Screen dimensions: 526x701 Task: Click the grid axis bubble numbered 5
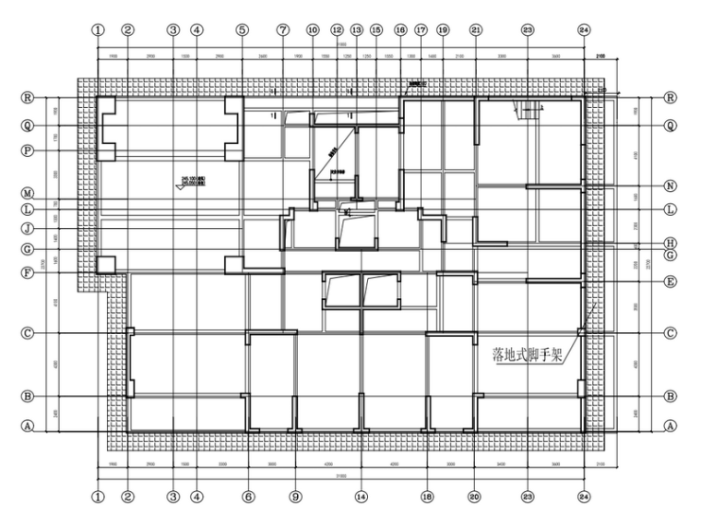click(x=243, y=30)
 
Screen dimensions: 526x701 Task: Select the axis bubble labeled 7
click(x=283, y=30)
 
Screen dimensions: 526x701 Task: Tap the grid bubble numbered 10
click(x=313, y=30)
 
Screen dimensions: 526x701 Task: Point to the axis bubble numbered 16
click(x=400, y=30)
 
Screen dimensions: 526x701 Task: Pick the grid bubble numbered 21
click(x=476, y=30)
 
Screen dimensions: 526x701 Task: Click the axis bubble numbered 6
click(x=249, y=496)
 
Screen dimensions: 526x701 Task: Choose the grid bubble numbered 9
click(x=295, y=496)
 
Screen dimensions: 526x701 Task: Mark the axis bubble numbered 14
click(x=361, y=496)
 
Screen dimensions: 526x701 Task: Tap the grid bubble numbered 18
click(x=427, y=496)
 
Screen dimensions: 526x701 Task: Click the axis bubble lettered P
click(x=28, y=149)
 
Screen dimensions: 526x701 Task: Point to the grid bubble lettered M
click(x=28, y=194)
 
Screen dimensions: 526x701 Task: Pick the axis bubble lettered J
click(x=28, y=228)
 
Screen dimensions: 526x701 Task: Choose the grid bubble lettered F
click(x=28, y=272)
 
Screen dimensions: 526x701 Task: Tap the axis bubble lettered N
click(x=671, y=185)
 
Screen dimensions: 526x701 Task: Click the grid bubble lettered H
click(x=671, y=244)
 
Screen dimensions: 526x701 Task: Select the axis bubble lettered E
click(x=671, y=281)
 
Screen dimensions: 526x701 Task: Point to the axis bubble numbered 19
click(x=443, y=30)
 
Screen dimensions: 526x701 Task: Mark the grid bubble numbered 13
click(x=357, y=30)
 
